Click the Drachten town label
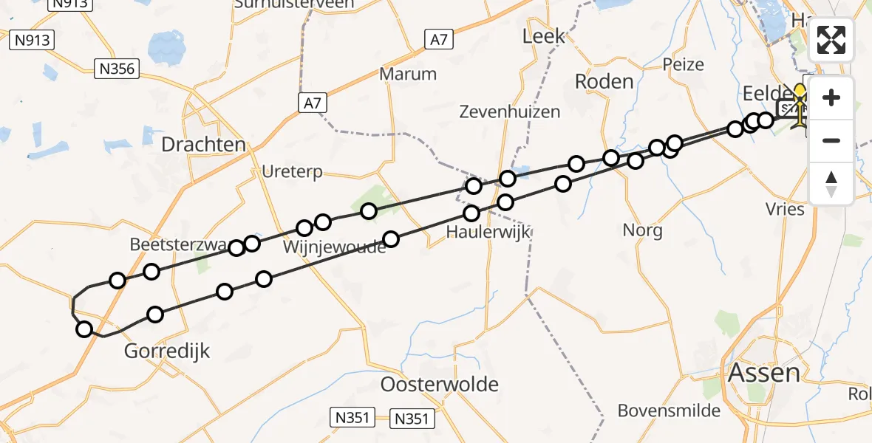coord(203,144)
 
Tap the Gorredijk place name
coord(167,351)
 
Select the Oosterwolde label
coord(439,384)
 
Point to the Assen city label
coord(764,373)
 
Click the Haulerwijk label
coord(488,233)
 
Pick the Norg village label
coord(642,230)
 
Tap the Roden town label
coord(604,81)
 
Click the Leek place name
coord(543,35)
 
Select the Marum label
coord(408,74)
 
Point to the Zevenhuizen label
coord(509,112)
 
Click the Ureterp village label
coord(292,172)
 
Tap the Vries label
coord(785,209)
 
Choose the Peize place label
coord(683,64)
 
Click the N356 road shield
coord(118,69)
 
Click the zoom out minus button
coord(831,140)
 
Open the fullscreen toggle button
coord(831,39)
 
